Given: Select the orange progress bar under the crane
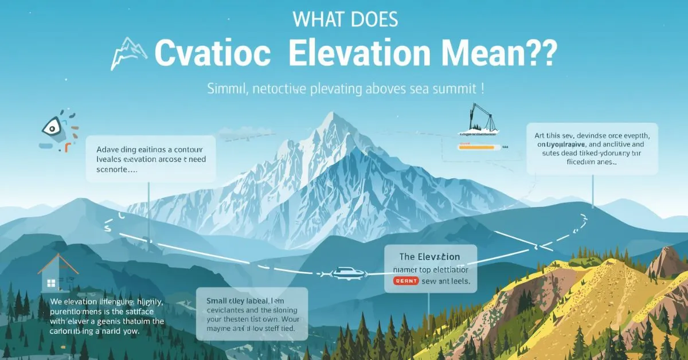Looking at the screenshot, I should (x=476, y=147).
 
